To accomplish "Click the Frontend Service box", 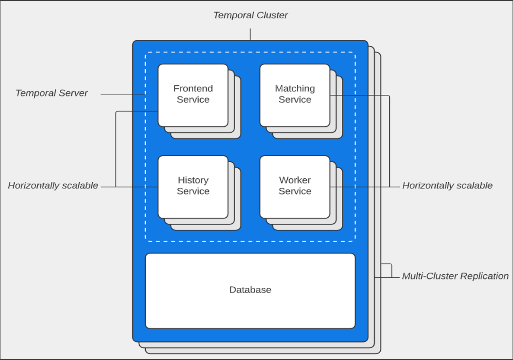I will tap(193, 95).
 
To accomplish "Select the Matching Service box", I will tap(295, 95).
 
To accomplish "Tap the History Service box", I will tap(193, 187).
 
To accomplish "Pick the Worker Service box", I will tap(295, 187).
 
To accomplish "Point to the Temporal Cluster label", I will tap(250, 15).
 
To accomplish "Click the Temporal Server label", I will tap(51, 93).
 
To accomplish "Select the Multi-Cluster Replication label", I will tap(455, 276).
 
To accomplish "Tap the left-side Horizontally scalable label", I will tap(53, 186).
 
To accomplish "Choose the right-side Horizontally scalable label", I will tap(447, 186).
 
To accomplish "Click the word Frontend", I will tap(193, 89).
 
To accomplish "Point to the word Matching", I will tap(295, 89).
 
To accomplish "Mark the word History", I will tap(193, 180).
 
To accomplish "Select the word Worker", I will tap(295, 180).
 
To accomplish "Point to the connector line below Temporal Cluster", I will tap(250, 34).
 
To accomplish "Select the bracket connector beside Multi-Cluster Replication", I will tap(391, 271).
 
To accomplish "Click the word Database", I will tap(250, 290).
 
